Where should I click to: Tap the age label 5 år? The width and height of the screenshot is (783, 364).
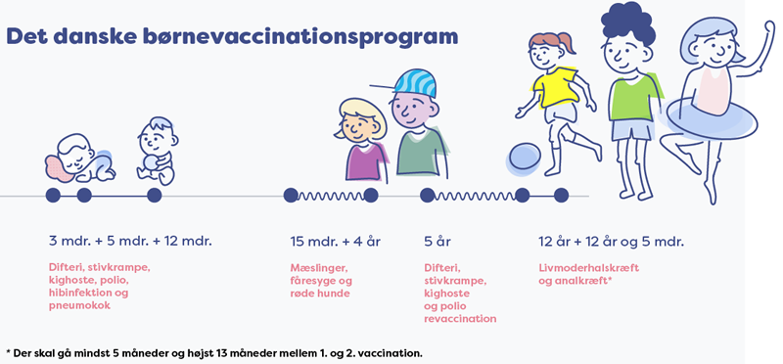437,242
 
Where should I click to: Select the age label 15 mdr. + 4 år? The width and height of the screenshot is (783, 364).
334,242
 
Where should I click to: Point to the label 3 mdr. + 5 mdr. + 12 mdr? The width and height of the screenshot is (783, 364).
130,242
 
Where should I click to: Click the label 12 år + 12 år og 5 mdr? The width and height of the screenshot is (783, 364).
611,242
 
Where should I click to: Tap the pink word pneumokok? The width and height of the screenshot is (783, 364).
79,305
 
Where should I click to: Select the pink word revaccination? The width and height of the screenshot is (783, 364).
460,318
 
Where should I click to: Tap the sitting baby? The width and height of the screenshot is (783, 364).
157,152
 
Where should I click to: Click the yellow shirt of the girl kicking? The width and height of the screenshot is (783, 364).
554,87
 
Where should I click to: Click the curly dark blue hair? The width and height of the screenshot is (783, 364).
626,23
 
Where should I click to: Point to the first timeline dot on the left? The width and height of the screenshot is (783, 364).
53,196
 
